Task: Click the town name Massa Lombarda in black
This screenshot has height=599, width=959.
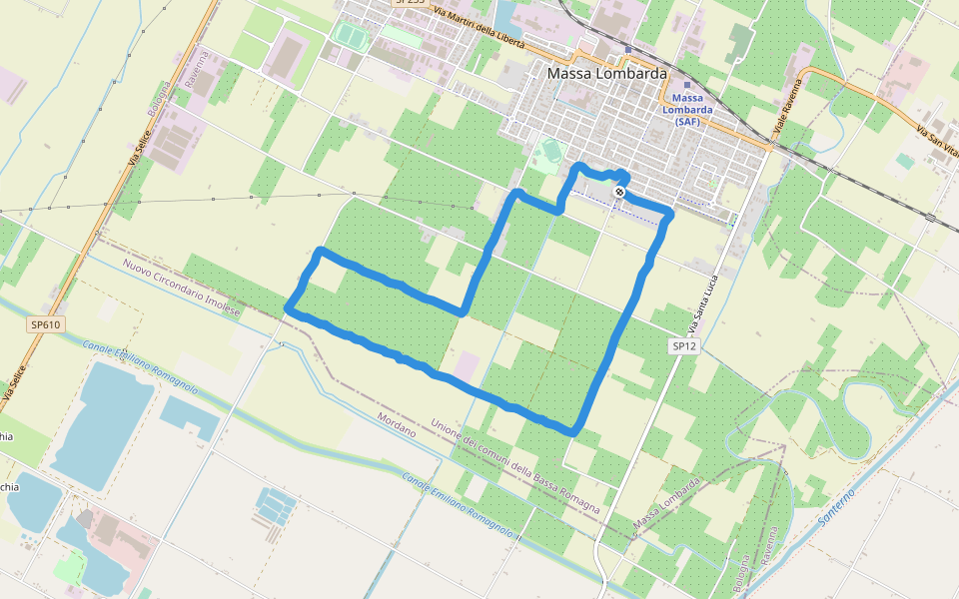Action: pyautogui.click(x=607, y=74)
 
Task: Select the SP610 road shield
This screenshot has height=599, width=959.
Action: pyautogui.click(x=45, y=324)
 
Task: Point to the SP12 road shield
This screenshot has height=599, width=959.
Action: pyautogui.click(x=683, y=345)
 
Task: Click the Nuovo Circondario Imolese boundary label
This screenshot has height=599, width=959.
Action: pyautogui.click(x=182, y=288)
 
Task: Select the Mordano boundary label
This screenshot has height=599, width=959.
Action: pyautogui.click(x=397, y=423)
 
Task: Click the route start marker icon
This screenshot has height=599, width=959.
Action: pyautogui.click(x=620, y=191)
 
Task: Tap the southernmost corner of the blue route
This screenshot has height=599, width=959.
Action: pyautogui.click(x=573, y=431)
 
